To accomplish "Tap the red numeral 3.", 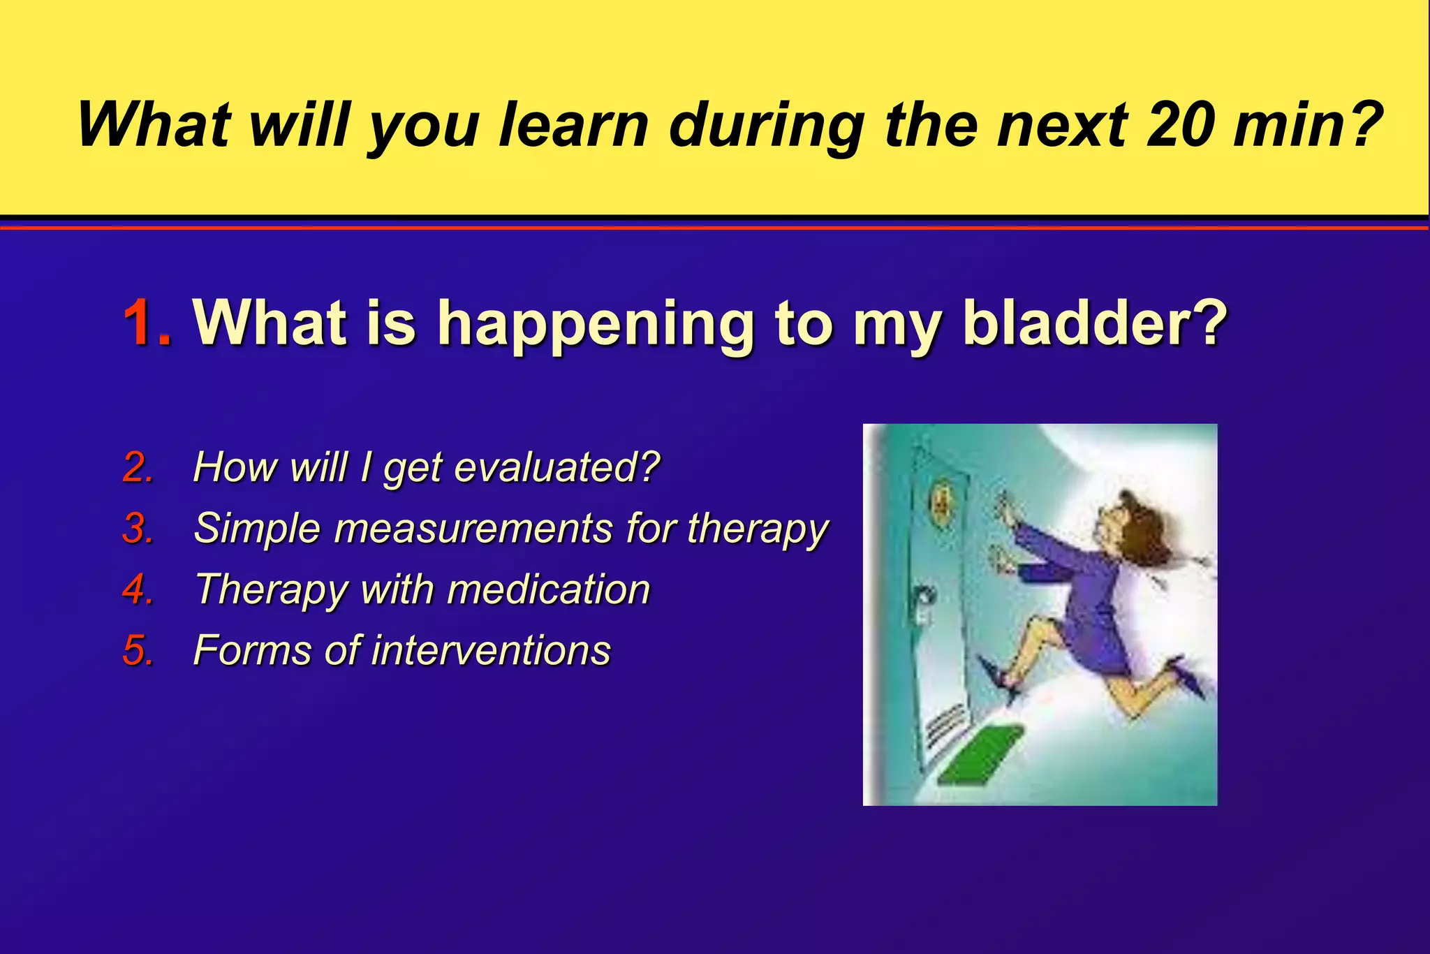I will pos(138,528).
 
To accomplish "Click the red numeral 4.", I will pos(138,589).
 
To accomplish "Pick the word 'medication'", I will pos(548,589).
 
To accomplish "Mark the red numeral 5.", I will pos(138,650).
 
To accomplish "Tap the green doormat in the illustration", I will pos(980,754).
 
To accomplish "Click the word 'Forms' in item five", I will pos(252,650).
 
